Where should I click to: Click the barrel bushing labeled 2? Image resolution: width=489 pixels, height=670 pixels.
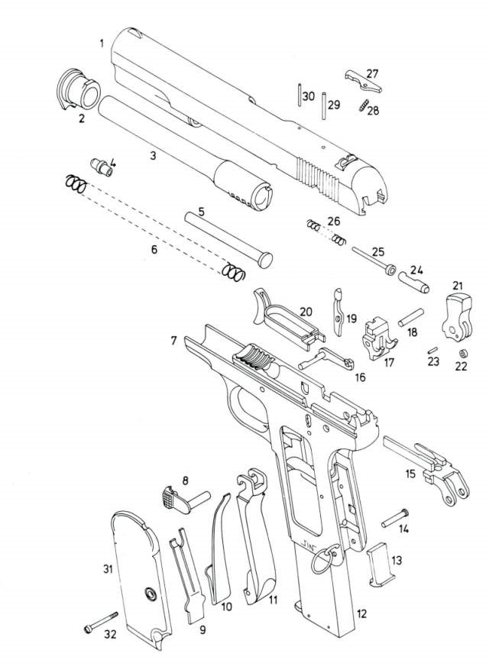point(78,89)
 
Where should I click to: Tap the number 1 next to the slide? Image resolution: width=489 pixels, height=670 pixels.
point(102,43)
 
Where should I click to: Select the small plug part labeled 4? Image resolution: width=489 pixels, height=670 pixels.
point(101,167)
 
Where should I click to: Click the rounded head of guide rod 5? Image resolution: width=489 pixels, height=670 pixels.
point(265,260)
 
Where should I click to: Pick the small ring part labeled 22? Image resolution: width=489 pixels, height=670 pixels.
point(462,354)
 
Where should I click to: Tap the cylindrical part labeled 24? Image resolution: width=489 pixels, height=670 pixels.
point(414,283)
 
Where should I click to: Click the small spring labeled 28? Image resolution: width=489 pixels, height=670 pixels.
point(364,105)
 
